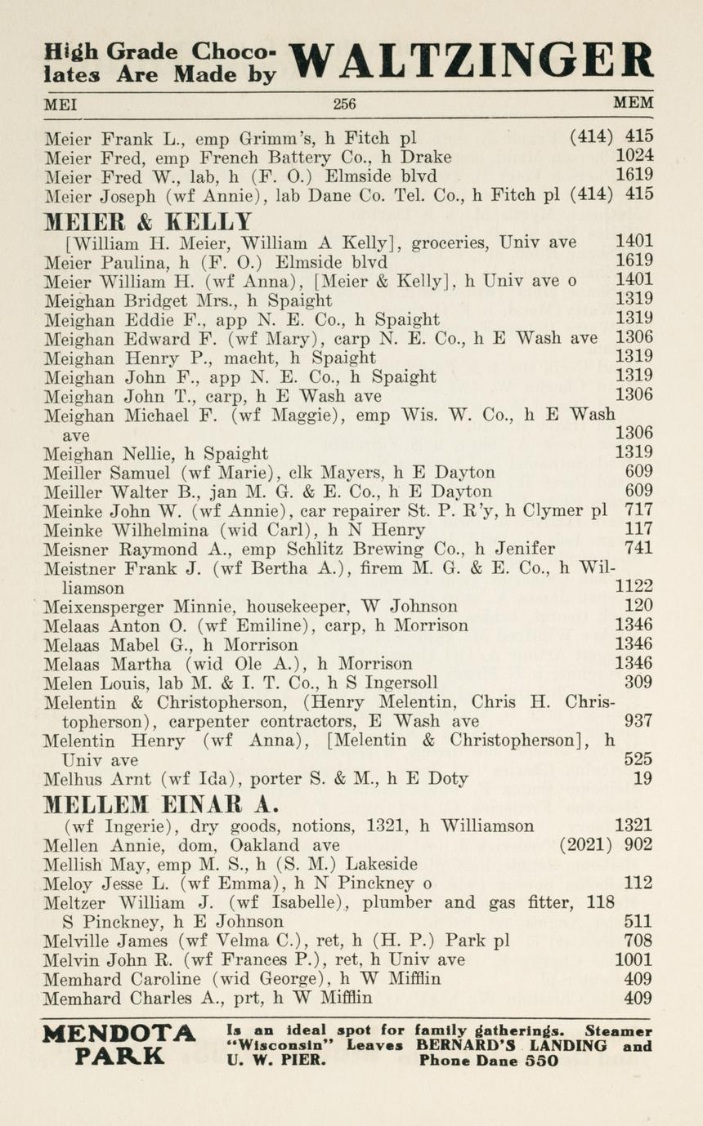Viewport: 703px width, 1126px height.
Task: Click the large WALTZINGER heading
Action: pyautogui.click(x=472, y=60)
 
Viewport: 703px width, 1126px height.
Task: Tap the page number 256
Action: pyautogui.click(x=344, y=104)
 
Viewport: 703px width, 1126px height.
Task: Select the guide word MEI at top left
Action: pyautogui.click(x=59, y=104)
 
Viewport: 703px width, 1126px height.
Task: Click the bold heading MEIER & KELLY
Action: pyautogui.click(x=148, y=220)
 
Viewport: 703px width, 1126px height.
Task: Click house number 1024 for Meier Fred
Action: pyautogui.click(x=634, y=157)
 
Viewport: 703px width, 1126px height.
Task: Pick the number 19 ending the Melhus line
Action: pyautogui.click(x=643, y=779)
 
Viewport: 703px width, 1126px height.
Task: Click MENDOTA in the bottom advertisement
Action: pyautogui.click(x=119, y=1034)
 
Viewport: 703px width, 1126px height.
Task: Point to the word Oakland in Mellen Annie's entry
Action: pyautogui.click(x=266, y=845)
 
